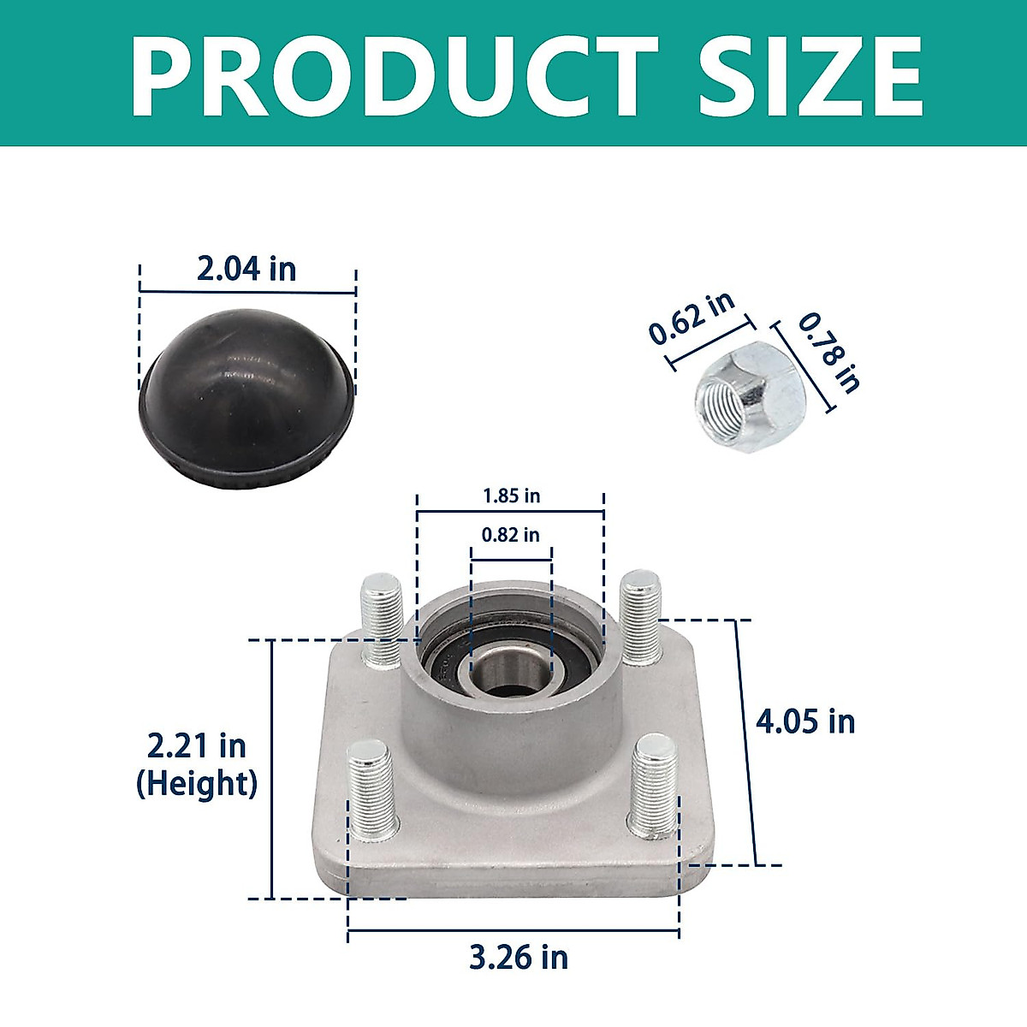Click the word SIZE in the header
810,75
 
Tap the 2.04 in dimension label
246,269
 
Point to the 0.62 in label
692,318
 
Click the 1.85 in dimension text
511,496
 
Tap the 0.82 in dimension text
510,535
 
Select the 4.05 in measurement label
805,721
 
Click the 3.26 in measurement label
519,957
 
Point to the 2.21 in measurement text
197,745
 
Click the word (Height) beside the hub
197,783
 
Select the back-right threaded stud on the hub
640,616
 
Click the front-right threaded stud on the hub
656,783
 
